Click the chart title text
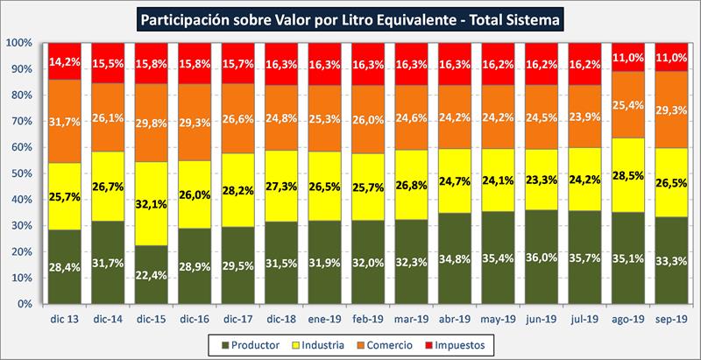tap(350, 17)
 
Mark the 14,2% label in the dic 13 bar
tap(67, 61)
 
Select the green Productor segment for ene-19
tap(325, 262)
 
